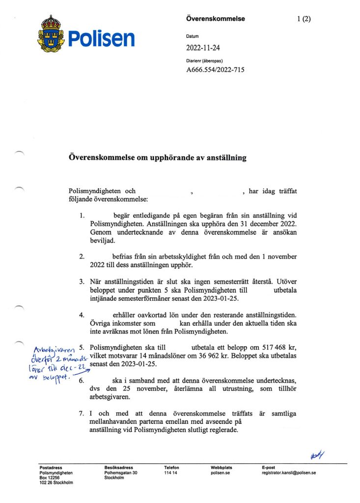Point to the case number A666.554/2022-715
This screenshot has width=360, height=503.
tap(215, 70)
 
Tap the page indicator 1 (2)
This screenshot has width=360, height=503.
tap(304, 19)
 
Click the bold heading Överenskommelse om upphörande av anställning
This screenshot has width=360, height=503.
tap(157, 158)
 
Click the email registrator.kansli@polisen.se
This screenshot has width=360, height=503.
tap(289, 473)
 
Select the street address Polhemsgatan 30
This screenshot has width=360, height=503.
tap(121, 473)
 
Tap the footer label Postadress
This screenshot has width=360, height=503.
tap(50, 468)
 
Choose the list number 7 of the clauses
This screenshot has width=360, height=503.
tap(82, 414)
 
